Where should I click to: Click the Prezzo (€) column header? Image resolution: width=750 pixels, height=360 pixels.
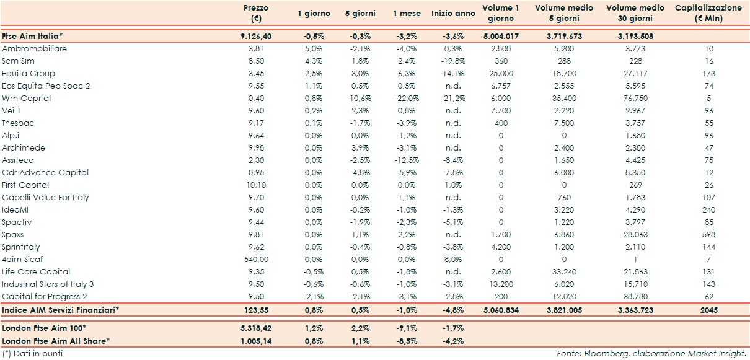pos(256,13)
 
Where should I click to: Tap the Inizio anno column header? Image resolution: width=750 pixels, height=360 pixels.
pos(454,13)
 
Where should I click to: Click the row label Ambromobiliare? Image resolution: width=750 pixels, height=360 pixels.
pos(35,48)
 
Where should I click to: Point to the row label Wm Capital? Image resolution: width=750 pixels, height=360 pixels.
pos(27,98)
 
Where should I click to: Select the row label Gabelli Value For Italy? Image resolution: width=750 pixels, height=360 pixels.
pos(46,197)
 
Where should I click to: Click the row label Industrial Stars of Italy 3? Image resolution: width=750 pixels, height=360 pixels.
pos(48,284)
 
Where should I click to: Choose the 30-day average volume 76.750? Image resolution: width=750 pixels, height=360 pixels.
pos(635,98)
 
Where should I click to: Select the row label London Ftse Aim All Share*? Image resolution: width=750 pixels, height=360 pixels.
pos(56,340)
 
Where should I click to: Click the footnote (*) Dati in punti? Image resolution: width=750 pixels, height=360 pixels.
pos(32,353)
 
